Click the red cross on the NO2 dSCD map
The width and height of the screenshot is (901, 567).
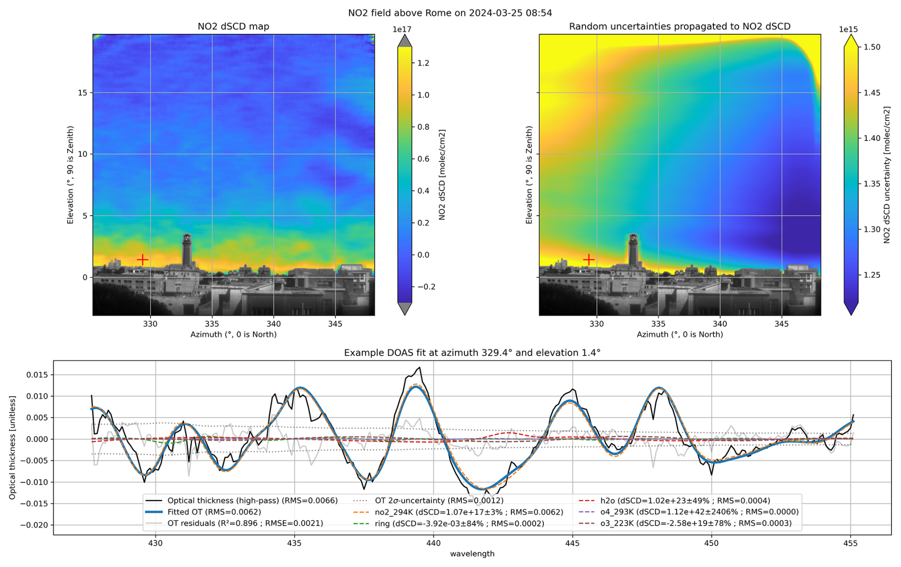click(142, 259)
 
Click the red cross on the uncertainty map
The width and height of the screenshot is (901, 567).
click(589, 259)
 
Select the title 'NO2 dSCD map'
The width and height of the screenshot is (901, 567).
click(233, 27)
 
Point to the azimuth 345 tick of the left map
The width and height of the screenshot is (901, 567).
click(335, 324)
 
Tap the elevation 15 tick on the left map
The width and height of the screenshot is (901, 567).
click(82, 93)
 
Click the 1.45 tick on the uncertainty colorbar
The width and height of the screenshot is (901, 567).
click(872, 93)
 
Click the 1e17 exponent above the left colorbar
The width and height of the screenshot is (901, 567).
click(402, 30)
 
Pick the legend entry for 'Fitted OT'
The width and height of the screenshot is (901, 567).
click(214, 512)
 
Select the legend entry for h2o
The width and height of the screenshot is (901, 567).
click(674, 501)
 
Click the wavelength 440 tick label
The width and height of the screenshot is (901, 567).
click(433, 543)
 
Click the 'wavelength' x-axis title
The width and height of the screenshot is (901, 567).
click(472, 554)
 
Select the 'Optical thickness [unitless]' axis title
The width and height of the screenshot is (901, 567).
click(12, 448)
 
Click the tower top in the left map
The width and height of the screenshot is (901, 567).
click(187, 236)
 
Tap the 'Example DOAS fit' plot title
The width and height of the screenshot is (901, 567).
click(472, 353)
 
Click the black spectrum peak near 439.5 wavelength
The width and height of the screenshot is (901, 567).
click(419, 368)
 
